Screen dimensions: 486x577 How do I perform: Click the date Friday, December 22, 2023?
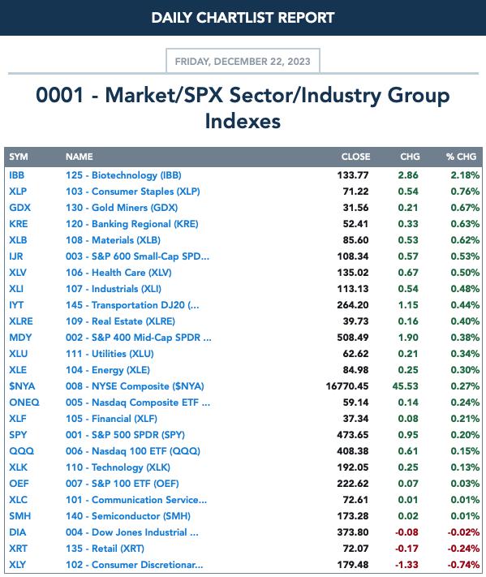243,61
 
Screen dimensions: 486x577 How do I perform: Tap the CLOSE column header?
355,157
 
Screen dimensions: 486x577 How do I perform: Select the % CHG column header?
462,157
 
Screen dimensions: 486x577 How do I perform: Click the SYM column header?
19,157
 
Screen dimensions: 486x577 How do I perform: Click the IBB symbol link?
16,175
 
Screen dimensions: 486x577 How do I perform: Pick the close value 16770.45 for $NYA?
347,386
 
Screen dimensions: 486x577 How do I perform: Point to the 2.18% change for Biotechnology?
465,175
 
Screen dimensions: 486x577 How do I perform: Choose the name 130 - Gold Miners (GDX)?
122,208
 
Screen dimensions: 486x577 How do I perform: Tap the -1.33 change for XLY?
406,565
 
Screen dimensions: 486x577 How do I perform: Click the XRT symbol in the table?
18,549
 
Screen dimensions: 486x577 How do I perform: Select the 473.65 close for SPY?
352,435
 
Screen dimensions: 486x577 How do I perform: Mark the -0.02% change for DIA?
463,532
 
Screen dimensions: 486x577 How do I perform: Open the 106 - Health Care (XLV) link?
118,273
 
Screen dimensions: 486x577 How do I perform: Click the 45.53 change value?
406,386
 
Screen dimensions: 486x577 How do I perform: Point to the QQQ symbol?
21,450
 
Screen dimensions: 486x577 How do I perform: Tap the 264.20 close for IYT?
352,305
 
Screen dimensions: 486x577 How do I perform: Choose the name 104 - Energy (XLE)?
108,370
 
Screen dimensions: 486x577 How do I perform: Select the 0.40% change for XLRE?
465,321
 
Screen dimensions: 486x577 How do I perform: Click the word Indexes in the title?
243,121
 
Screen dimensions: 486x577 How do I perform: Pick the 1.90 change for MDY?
408,338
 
